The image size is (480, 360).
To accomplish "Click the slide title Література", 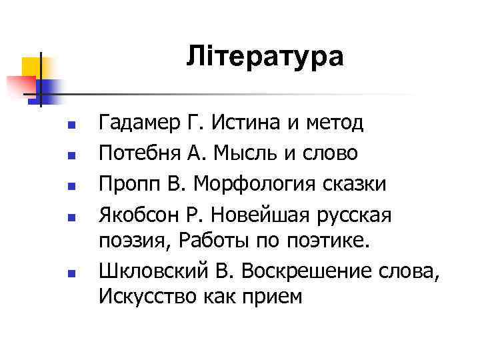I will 265,56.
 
